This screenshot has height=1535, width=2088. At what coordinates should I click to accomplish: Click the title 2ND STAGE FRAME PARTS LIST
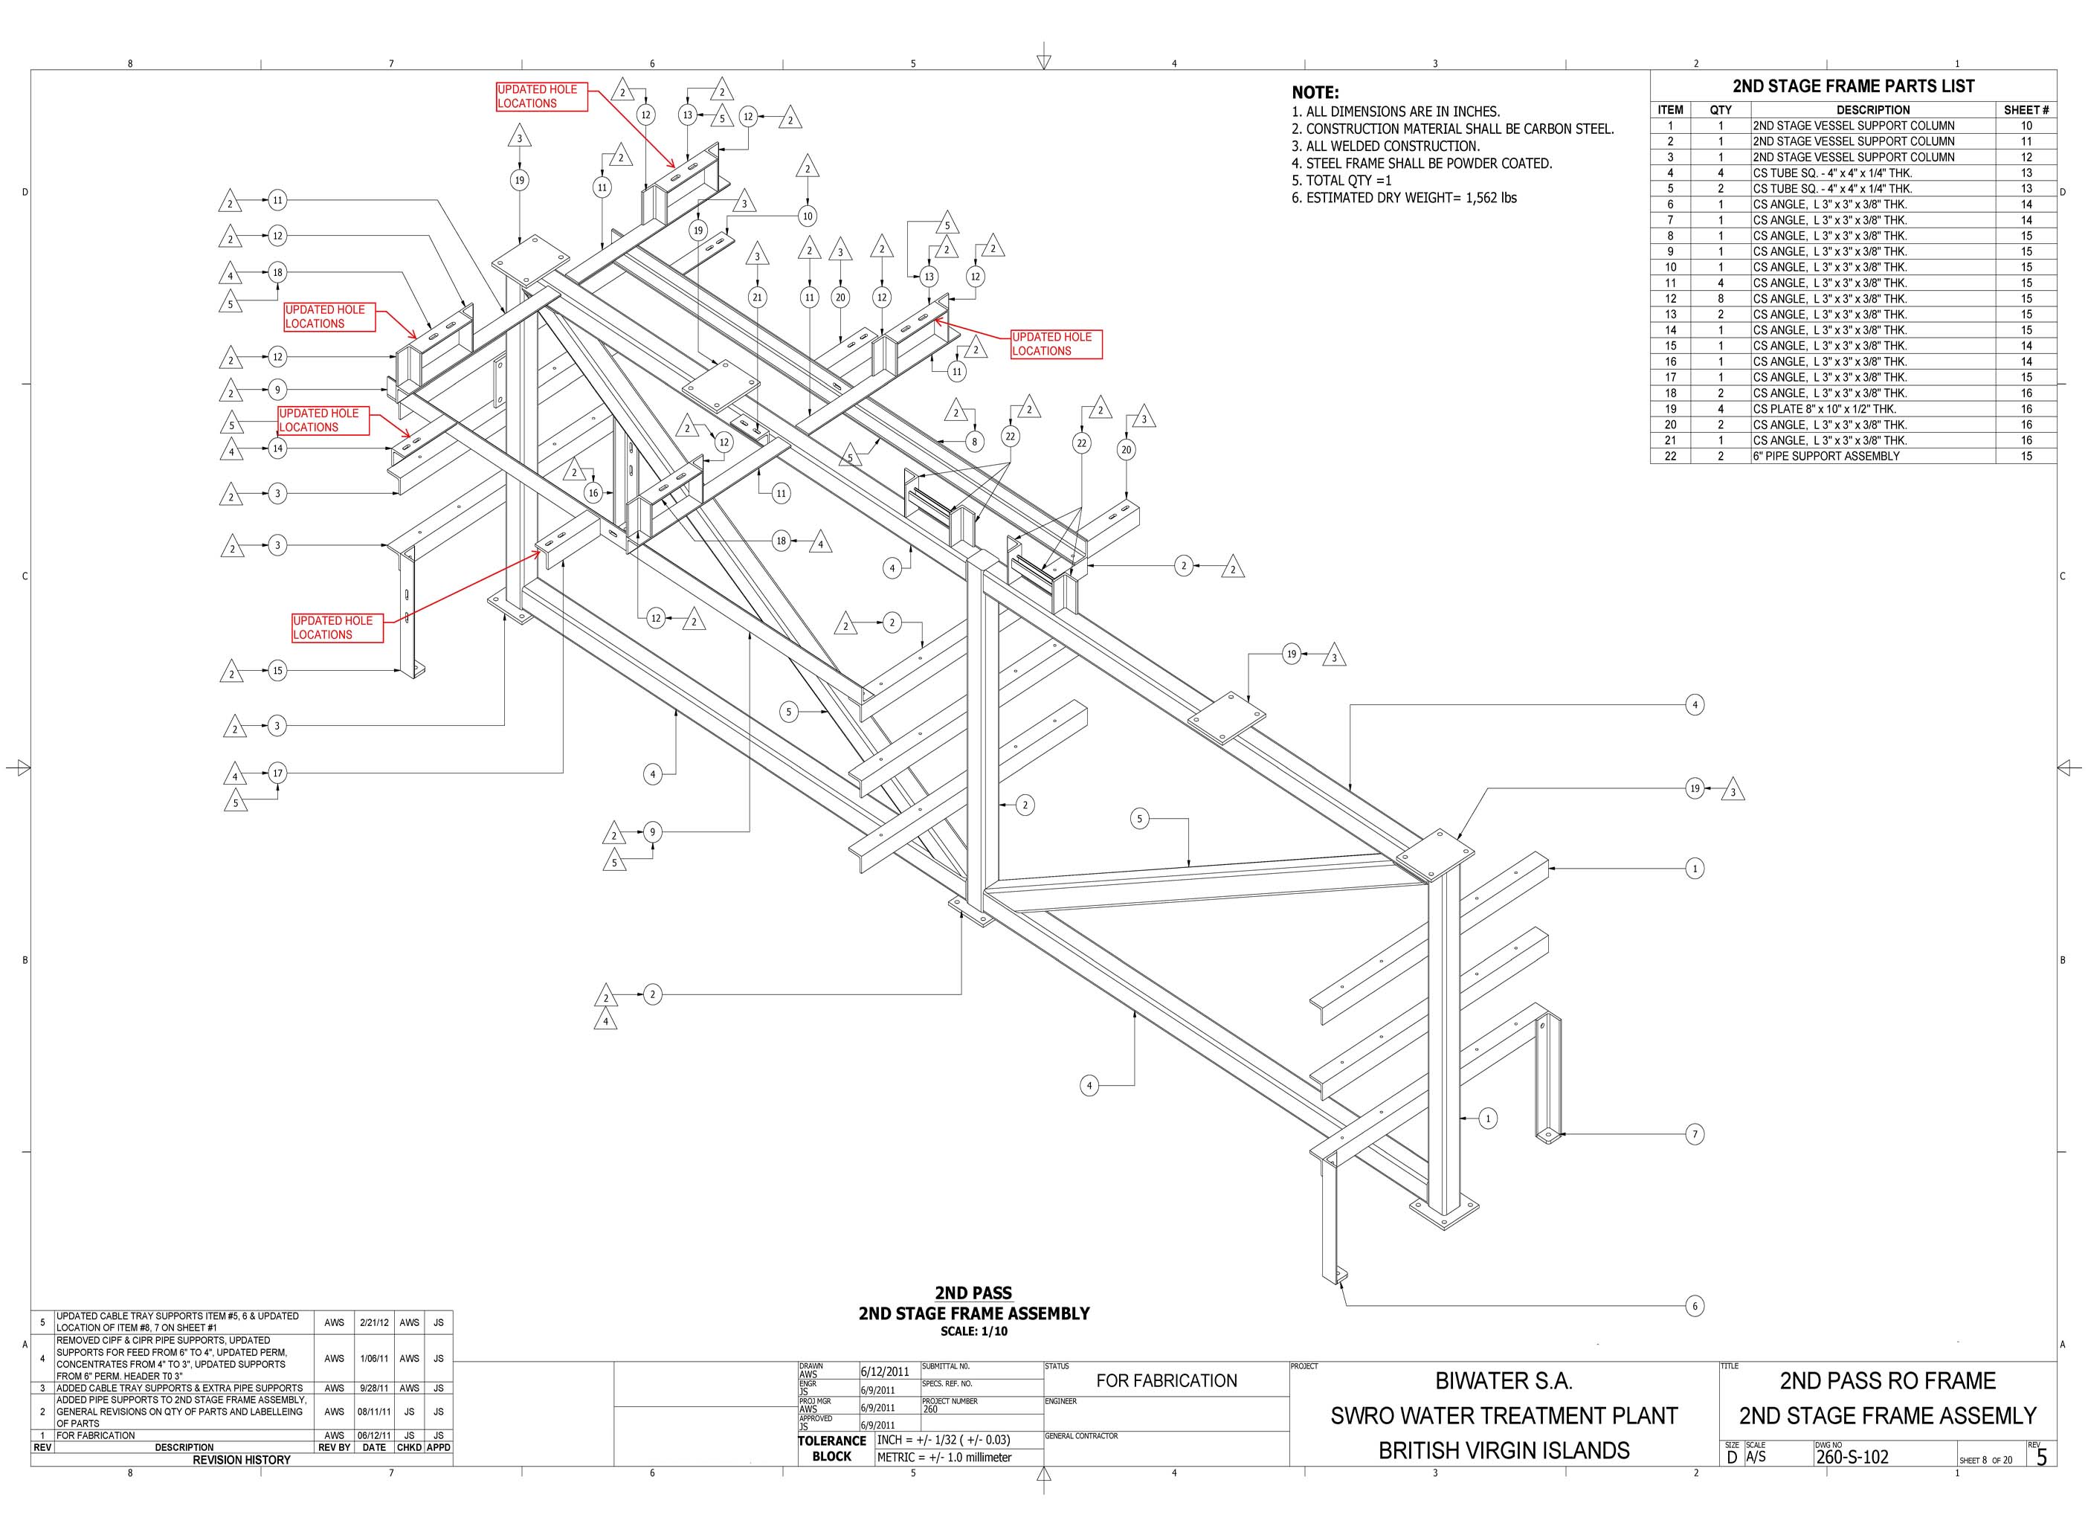click(x=1853, y=86)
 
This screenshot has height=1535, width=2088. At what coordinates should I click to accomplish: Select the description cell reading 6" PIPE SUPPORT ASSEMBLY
click(x=1826, y=456)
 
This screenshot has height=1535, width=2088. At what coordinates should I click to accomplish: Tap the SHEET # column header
click(x=2026, y=109)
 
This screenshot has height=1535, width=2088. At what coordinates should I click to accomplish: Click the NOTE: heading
click(x=1315, y=93)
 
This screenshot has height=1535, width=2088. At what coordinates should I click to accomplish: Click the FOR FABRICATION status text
click(x=1167, y=1381)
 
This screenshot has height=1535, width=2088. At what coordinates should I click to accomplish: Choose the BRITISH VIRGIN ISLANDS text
click(x=1504, y=1450)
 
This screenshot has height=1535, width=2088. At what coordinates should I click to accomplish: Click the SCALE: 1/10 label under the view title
click(x=973, y=1331)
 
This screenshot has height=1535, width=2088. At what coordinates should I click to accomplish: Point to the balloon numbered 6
click(x=1694, y=1307)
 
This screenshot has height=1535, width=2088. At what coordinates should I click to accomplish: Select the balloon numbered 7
click(x=1694, y=1133)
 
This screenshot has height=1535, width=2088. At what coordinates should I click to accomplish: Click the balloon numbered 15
click(x=277, y=670)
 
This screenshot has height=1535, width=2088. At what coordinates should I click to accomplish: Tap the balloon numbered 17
click(x=277, y=773)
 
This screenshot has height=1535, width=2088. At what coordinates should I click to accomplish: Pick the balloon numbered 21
click(x=758, y=297)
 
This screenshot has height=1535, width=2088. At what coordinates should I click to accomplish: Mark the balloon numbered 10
click(x=807, y=216)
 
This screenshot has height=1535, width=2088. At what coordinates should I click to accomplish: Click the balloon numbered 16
click(x=593, y=493)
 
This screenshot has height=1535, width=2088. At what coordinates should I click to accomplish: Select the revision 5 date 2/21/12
click(x=373, y=1322)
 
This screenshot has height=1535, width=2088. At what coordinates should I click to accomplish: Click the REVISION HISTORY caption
click(x=242, y=1460)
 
